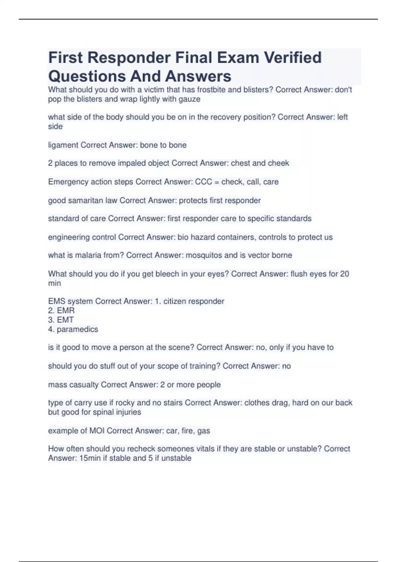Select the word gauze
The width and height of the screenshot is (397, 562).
[x=189, y=99]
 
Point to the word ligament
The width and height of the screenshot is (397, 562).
[x=63, y=145]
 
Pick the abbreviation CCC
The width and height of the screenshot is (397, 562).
[x=203, y=182]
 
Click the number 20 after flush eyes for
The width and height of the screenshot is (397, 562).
[x=344, y=274]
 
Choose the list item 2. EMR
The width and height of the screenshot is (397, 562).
[x=62, y=311]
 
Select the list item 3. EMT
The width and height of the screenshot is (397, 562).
[x=61, y=320]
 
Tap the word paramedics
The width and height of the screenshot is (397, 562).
[x=77, y=329]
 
